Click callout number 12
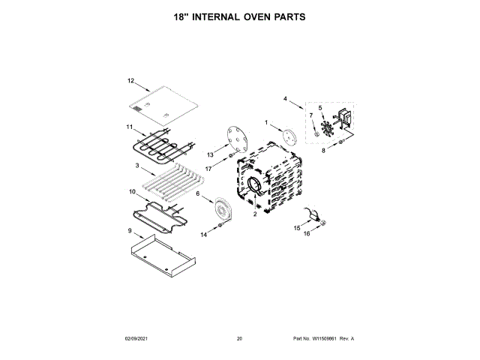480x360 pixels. [x=130, y=80]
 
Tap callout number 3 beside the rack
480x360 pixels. [x=137, y=166]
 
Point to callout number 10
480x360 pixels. [x=132, y=191]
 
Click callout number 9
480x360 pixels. [x=129, y=231]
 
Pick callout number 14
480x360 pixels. [x=203, y=235]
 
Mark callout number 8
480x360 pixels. [x=323, y=151]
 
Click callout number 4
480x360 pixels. [x=285, y=99]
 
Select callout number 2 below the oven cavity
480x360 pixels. [x=255, y=214]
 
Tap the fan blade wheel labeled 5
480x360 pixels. [x=325, y=127]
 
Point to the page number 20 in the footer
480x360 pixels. [x=239, y=339]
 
